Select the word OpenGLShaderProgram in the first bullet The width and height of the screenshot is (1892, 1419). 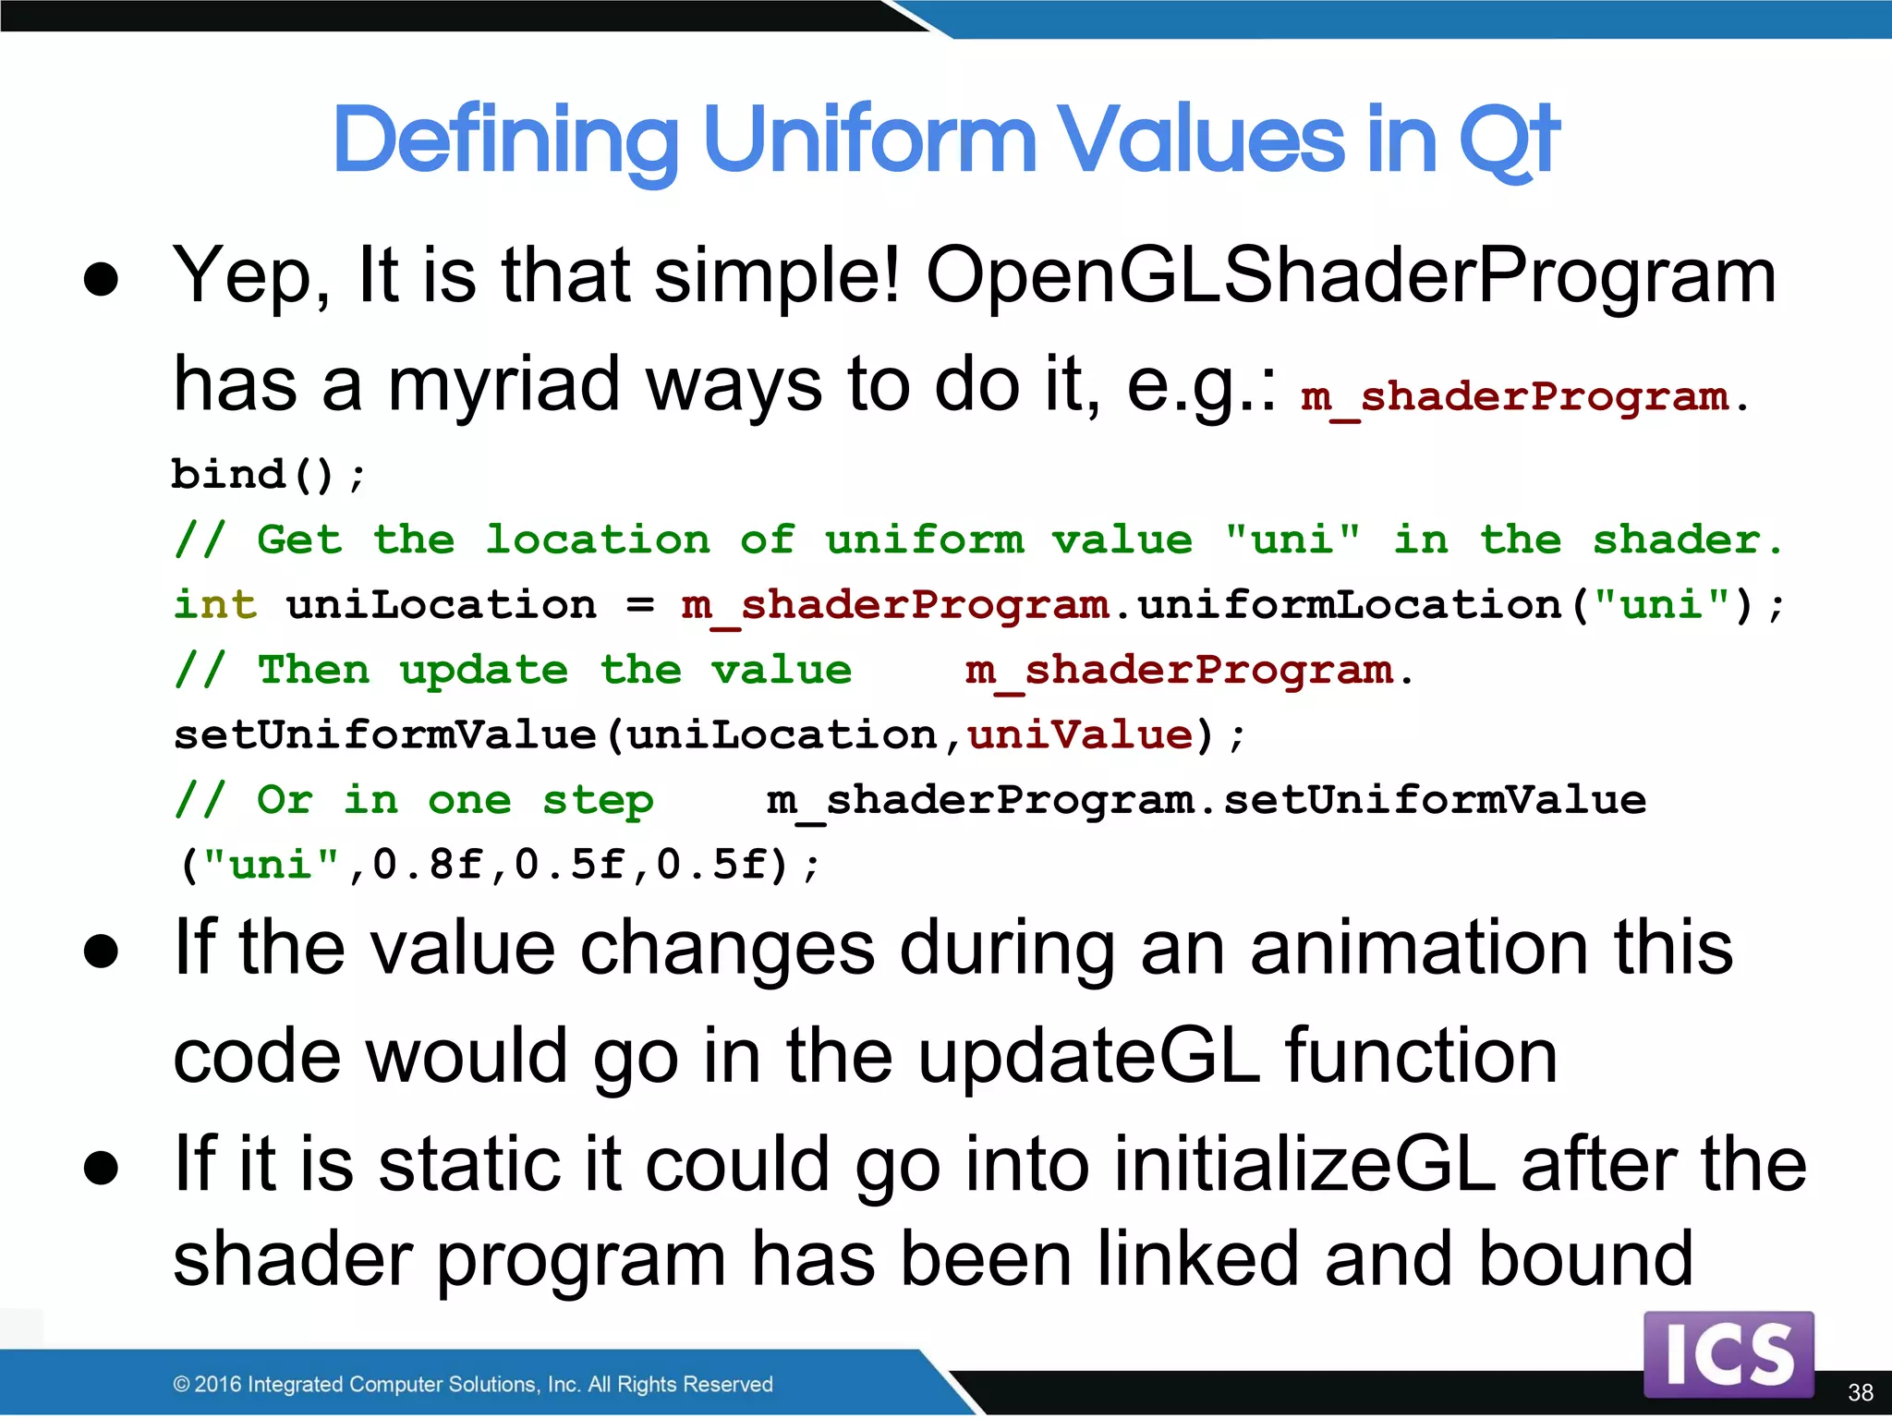coord(1351,275)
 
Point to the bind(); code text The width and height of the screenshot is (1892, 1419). coord(268,475)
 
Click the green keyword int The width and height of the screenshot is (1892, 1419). coord(214,605)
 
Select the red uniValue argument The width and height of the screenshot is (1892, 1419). coord(1080,735)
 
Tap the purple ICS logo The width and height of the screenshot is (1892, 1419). coord(1728,1353)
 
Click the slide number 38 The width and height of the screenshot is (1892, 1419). coord(1860,1392)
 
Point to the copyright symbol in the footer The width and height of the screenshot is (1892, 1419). coord(182,1384)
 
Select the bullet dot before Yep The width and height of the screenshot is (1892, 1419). coord(101,279)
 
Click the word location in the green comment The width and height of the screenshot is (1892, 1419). coord(598,540)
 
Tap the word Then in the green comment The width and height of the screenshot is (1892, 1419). coord(313,670)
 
